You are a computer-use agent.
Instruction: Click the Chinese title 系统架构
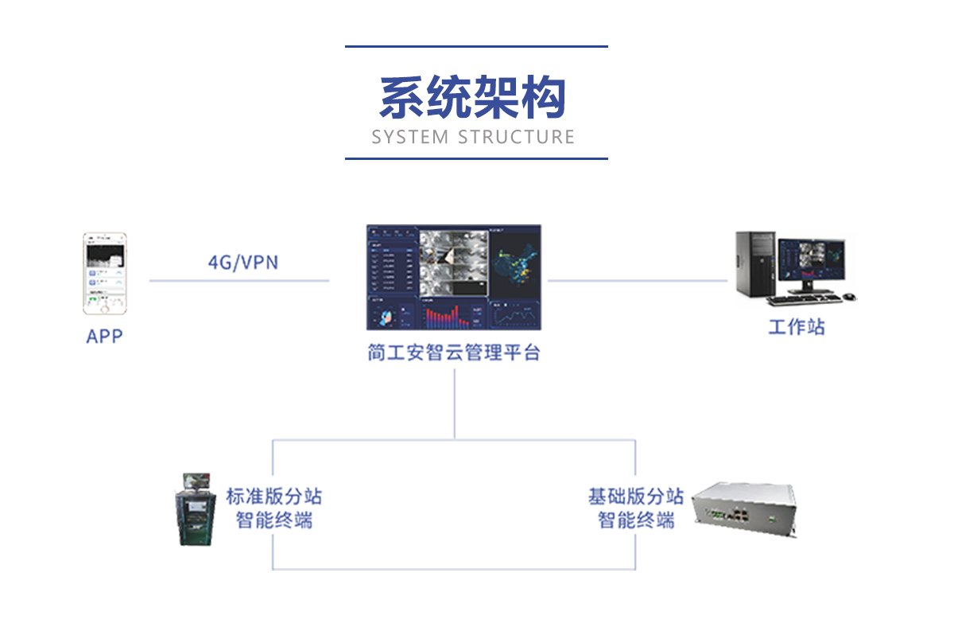pos(473,99)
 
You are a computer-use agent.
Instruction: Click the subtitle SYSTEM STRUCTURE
pos(473,137)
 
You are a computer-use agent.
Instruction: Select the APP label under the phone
pos(105,337)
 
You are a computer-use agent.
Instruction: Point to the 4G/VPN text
pos(243,262)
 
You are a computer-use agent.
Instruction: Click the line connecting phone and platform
pos(238,280)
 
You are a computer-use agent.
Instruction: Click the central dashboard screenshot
pos(454,277)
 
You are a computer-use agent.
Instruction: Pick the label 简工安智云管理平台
pos(454,353)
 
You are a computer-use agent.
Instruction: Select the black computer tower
pos(755,263)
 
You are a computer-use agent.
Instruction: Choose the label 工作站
pos(796,327)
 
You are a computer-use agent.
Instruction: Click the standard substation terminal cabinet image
pos(196,509)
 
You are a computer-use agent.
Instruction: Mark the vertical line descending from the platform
pos(455,402)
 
